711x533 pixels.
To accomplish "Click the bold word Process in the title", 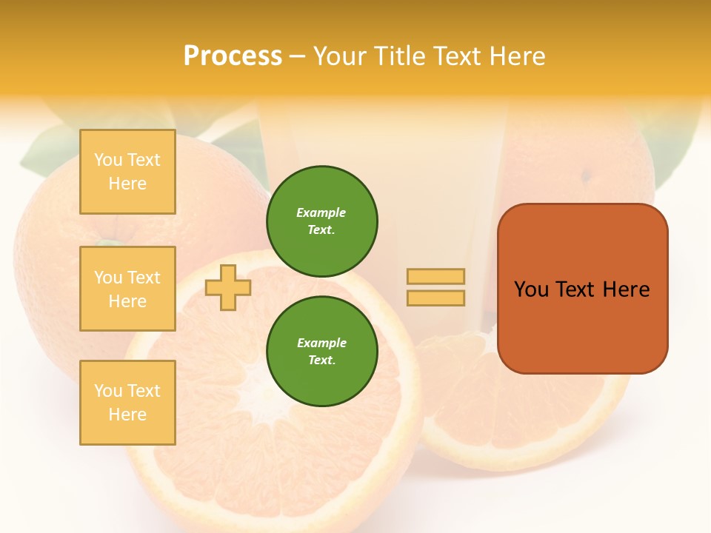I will pos(233,56).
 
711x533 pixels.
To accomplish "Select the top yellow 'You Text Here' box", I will pos(127,172).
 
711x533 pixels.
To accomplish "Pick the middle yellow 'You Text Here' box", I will pos(127,289).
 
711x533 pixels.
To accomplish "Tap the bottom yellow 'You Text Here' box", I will pos(127,402).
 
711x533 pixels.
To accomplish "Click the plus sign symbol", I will pos(228,288).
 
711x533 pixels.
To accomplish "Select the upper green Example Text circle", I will pos(321,221).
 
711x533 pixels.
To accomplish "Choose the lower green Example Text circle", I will pos(321,351).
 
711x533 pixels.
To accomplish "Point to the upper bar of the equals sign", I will pos(436,276).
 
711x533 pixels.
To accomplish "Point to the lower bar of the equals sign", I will pos(436,298).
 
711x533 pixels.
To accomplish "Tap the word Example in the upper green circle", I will pos(321,212).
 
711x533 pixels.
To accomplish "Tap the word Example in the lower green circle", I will pos(321,343).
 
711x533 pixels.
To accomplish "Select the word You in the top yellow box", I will pos(108,160).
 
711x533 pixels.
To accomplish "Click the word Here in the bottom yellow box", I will pos(127,415).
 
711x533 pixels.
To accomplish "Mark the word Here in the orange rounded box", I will pos(627,289).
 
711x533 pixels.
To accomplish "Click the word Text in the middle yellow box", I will pos(144,278).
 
